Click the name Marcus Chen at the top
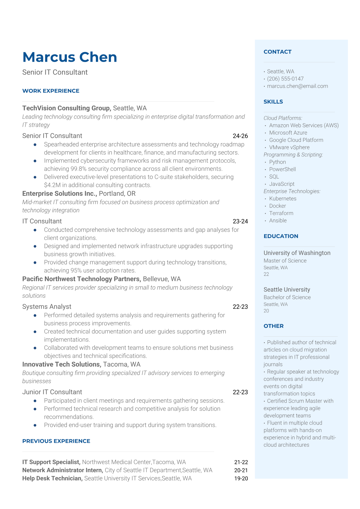click(70, 57)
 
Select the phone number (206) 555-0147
click(285, 79)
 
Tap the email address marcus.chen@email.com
click(297, 86)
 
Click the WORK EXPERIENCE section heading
click(51, 91)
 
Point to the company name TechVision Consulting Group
click(66, 108)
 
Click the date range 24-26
click(240, 136)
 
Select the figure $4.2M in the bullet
click(52, 185)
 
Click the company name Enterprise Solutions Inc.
click(59, 193)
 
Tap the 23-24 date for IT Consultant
click(240, 221)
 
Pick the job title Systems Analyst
click(47, 306)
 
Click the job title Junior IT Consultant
click(52, 392)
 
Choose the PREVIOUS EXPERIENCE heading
click(56, 441)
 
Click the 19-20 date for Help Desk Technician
click(241, 478)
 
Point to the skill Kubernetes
click(283, 198)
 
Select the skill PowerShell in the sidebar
click(282, 169)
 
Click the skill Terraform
click(281, 213)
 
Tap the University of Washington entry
click(297, 253)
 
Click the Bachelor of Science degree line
click(287, 297)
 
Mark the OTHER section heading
click(273, 326)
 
